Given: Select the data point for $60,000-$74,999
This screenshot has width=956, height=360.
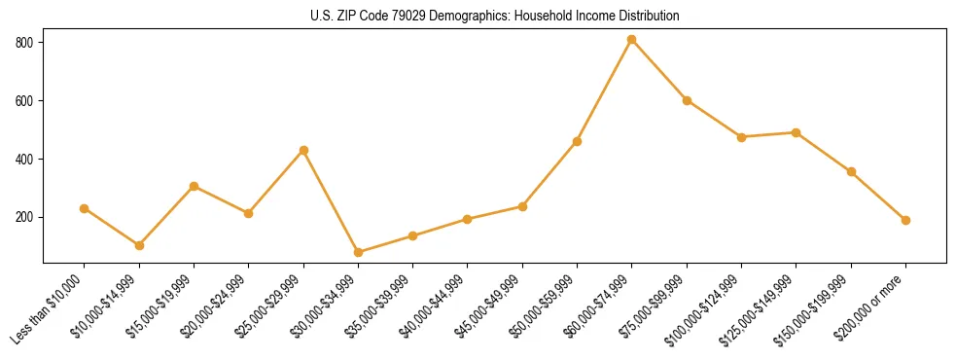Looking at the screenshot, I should pyautogui.click(x=632, y=40).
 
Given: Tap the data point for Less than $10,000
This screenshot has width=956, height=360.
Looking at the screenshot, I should pyautogui.click(x=85, y=208).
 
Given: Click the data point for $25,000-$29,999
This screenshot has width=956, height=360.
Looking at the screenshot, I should pyautogui.click(x=303, y=150).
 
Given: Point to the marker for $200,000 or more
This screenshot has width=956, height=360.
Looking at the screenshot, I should pyautogui.click(x=905, y=220).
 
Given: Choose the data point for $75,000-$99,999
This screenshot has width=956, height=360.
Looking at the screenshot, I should pyautogui.click(x=687, y=100).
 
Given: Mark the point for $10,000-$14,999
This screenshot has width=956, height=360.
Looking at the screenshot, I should pyautogui.click(x=139, y=245).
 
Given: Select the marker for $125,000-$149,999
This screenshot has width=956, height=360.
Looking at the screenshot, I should pyautogui.click(x=797, y=132).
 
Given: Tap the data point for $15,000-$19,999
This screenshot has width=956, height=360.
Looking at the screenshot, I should pyautogui.click(x=195, y=186).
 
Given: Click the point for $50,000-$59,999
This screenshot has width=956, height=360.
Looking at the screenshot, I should pyautogui.click(x=578, y=141).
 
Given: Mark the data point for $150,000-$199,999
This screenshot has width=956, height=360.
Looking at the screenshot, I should pyautogui.click(x=851, y=172).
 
